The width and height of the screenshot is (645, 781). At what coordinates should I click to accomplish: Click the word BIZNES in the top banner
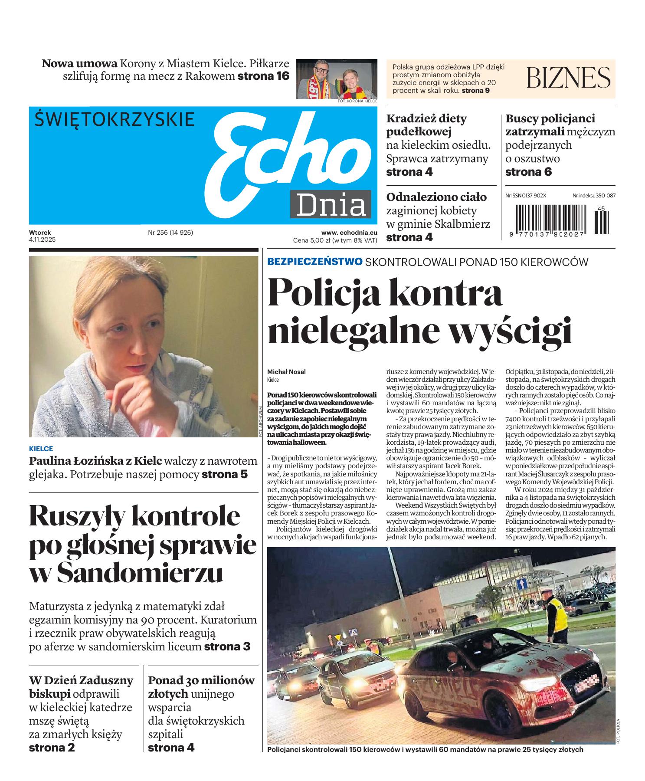tap(568, 79)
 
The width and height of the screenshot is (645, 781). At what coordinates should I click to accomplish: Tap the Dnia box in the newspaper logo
tap(331, 204)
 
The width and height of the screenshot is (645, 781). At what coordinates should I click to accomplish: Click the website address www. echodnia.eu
tap(349, 233)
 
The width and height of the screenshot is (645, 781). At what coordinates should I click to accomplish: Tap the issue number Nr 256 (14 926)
tap(170, 233)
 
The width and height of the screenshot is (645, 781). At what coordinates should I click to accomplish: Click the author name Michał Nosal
tap(286, 372)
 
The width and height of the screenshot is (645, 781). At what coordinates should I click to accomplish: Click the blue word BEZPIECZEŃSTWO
tap(315, 262)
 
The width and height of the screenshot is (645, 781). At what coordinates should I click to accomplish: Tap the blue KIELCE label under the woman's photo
tap(41, 449)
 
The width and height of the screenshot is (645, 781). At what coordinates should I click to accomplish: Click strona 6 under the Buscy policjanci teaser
tap(528, 172)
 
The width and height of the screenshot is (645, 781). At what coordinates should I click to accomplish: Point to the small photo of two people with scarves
tap(337, 79)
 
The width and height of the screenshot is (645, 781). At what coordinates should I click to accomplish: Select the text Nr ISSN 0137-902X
tap(526, 196)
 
